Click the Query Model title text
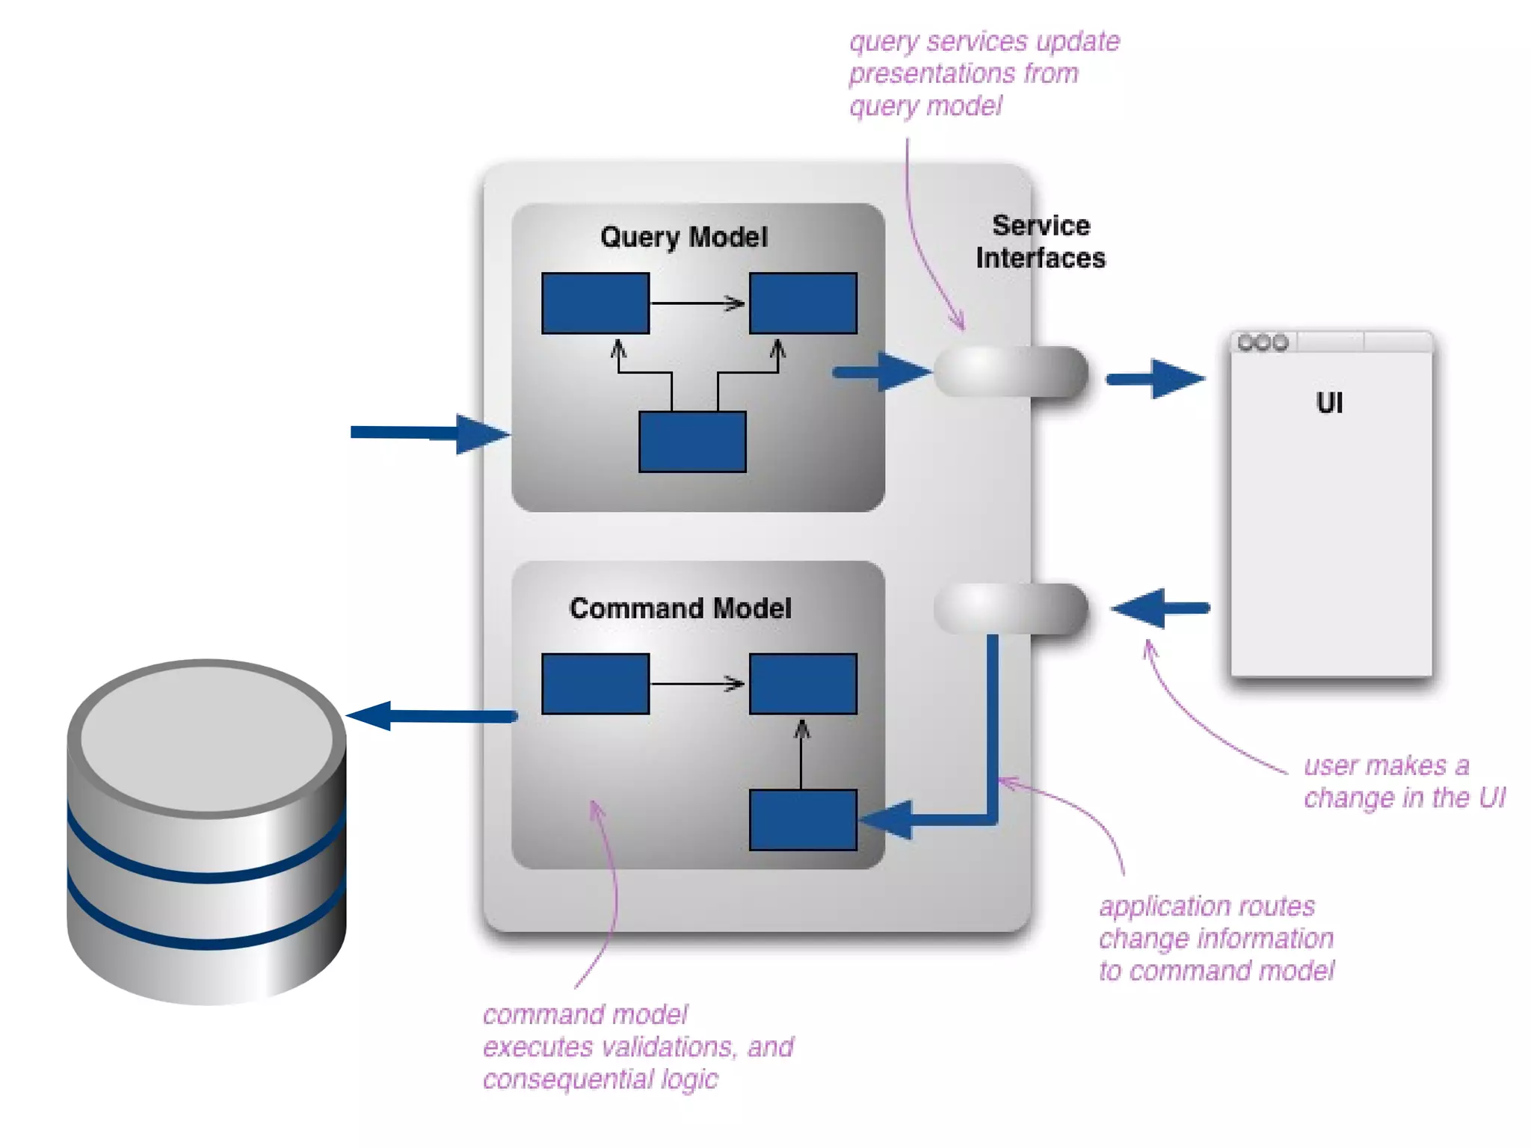tap(683, 238)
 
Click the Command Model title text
tap(680, 608)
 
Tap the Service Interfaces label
tap(1040, 241)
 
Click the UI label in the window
tap(1329, 404)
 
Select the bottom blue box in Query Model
tap(692, 442)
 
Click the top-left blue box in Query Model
tap(595, 303)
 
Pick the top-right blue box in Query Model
tap(803, 303)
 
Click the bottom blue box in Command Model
tap(803, 820)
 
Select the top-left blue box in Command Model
tap(595, 684)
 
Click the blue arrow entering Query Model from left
tap(430, 433)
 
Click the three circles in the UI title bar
tap(1263, 343)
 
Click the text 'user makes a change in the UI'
tap(1403, 782)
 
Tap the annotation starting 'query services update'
tap(983, 73)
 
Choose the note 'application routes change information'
tap(1216, 938)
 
